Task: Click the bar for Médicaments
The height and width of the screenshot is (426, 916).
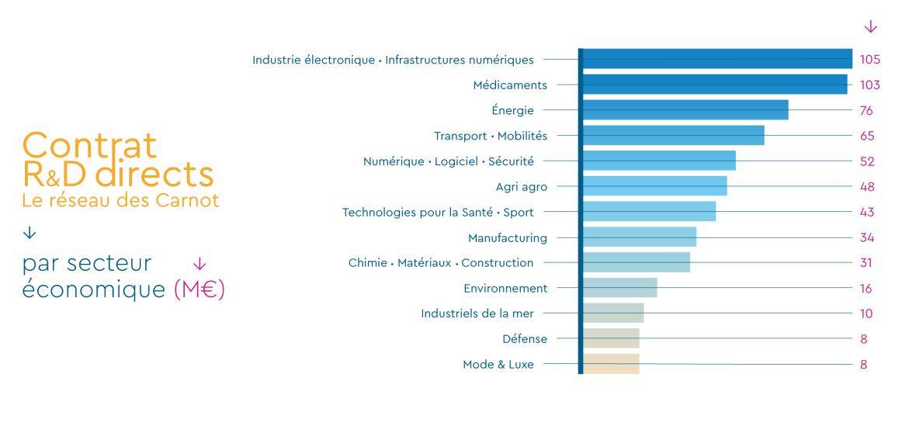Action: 714,85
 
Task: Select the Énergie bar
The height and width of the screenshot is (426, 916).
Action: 685,110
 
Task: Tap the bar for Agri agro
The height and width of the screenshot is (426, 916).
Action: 654,186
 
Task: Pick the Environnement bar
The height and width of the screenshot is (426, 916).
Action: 619,288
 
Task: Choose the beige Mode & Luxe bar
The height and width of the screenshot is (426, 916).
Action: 611,364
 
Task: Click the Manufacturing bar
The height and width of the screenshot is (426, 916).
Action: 639,237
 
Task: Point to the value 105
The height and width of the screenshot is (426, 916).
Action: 869,60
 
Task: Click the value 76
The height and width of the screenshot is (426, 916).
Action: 866,110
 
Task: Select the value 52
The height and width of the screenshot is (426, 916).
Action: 867,161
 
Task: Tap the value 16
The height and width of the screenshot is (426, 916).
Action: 866,289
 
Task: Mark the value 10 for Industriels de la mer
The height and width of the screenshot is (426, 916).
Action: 866,313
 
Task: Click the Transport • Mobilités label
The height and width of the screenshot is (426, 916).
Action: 490,136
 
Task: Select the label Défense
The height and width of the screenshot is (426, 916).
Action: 524,339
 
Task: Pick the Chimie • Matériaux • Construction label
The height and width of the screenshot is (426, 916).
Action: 440,263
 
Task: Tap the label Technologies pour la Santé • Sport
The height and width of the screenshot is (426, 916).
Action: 438,212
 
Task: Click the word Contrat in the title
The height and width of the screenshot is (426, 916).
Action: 89,145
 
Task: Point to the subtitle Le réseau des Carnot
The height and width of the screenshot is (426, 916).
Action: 120,200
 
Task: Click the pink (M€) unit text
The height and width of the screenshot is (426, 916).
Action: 199,289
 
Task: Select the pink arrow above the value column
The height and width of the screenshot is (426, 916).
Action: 870,27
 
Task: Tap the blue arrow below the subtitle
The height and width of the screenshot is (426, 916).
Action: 29,233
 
